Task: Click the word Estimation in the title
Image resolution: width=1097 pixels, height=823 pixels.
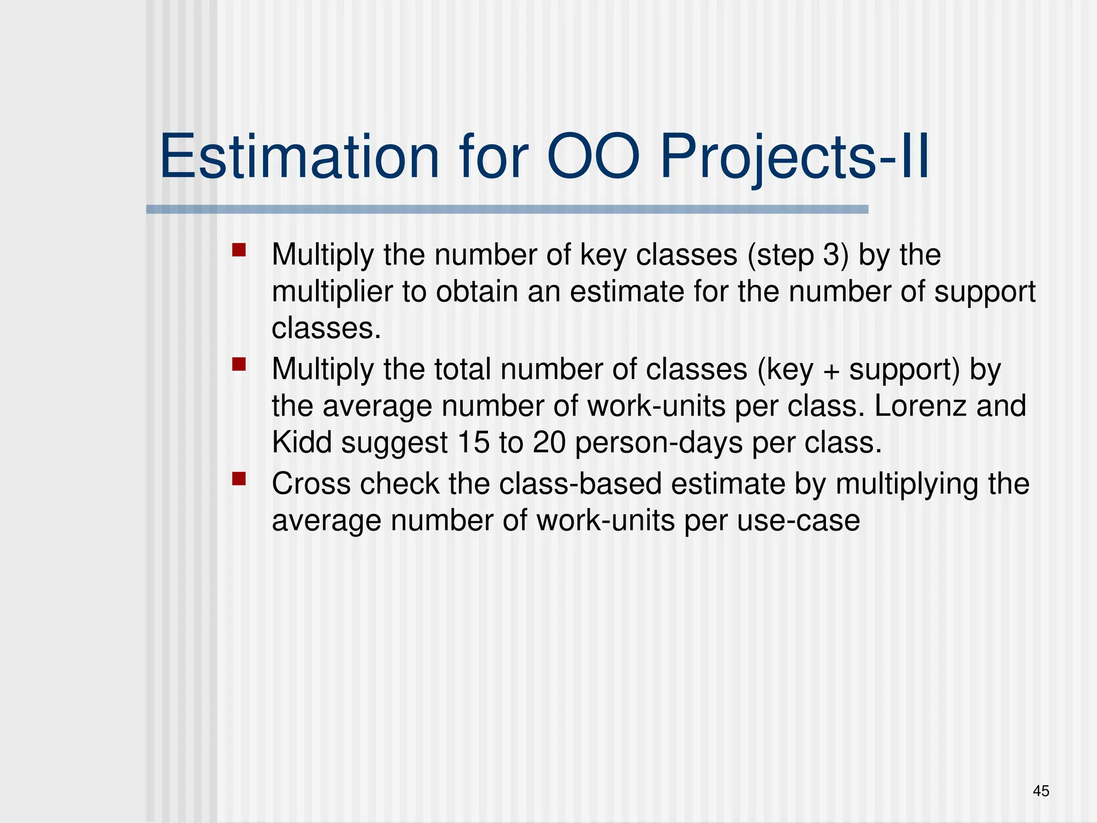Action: [299, 157]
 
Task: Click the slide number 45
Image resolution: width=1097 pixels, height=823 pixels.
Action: [1041, 791]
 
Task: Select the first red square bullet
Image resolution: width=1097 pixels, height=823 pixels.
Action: [239, 250]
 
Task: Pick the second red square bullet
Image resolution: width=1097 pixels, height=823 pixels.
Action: [239, 365]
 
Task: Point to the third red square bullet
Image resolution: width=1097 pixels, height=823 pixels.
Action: [239, 479]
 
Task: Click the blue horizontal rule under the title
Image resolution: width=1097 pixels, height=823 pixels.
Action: [507, 210]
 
